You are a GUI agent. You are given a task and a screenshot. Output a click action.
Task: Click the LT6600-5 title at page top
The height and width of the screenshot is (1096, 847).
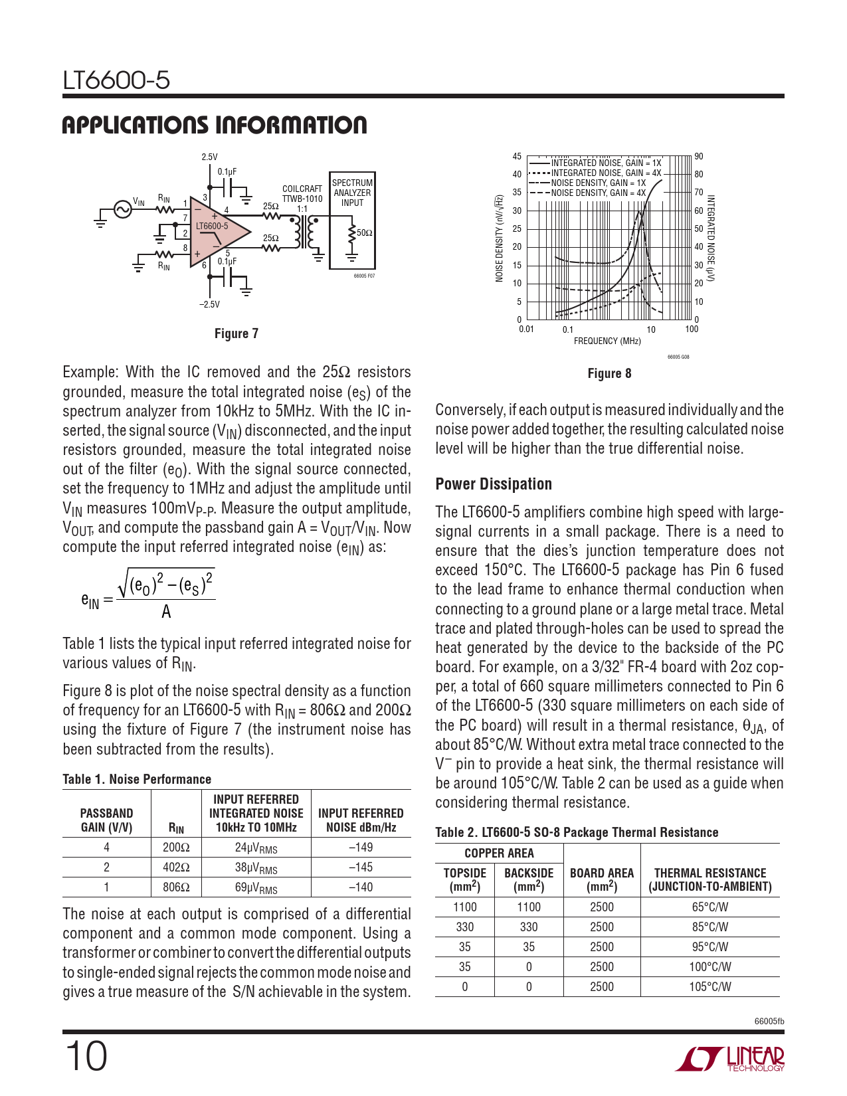[116, 80]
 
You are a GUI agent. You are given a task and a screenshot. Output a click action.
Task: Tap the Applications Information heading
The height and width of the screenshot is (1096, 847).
[214, 126]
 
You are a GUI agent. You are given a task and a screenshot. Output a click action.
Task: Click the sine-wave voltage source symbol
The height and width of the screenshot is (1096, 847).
[122, 209]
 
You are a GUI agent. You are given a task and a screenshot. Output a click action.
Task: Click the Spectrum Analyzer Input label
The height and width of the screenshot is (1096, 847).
[352, 193]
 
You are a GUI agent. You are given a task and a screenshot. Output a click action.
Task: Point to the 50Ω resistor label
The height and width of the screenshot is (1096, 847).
[365, 233]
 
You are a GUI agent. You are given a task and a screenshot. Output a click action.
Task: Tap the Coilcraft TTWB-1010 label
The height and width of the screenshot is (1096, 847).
[302, 194]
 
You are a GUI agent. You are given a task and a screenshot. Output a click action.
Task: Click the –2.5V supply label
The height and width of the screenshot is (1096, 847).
[209, 304]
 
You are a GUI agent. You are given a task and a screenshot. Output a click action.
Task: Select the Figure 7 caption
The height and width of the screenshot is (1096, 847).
[236, 333]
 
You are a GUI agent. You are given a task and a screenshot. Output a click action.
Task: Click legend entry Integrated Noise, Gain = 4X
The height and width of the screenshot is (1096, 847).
[606, 173]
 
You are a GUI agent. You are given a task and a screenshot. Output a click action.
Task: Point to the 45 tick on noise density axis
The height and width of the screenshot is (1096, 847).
[517, 157]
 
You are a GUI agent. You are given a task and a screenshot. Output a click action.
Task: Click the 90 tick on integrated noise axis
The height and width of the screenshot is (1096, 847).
[699, 157]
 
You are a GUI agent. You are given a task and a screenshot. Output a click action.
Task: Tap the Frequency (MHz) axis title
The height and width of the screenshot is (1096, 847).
[607, 341]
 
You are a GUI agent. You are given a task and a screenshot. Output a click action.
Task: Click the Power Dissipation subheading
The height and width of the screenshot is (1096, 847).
[494, 484]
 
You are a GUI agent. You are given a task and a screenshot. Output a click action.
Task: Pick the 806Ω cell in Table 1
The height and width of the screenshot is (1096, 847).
[176, 887]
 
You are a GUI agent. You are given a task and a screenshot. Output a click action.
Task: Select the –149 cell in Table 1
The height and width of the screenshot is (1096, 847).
[361, 848]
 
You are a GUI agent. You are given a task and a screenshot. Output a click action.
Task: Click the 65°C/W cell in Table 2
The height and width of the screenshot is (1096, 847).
[709, 907]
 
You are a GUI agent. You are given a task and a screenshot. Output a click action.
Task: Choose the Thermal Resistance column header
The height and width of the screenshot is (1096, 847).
[709, 879]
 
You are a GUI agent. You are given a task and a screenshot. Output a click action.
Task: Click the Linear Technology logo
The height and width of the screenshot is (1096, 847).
[730, 1059]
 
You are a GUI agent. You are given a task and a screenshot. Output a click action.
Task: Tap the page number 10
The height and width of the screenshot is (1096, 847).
[86, 1057]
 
